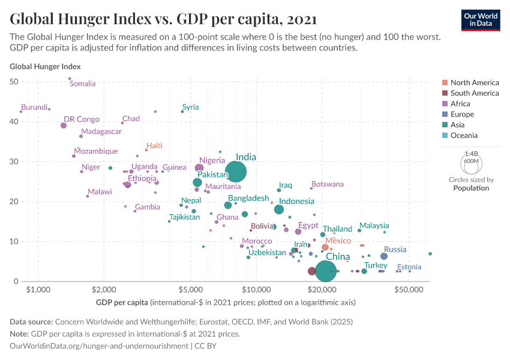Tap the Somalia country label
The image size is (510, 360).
(x=83, y=84)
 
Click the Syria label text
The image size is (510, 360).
(x=190, y=107)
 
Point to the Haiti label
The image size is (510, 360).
(x=154, y=146)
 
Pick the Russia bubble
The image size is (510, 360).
(x=384, y=256)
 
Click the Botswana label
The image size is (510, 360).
(x=328, y=184)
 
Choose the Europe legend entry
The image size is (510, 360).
(x=462, y=114)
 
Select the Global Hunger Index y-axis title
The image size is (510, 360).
(x=45, y=67)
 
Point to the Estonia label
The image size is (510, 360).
(x=409, y=267)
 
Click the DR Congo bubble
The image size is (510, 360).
(x=64, y=125)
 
